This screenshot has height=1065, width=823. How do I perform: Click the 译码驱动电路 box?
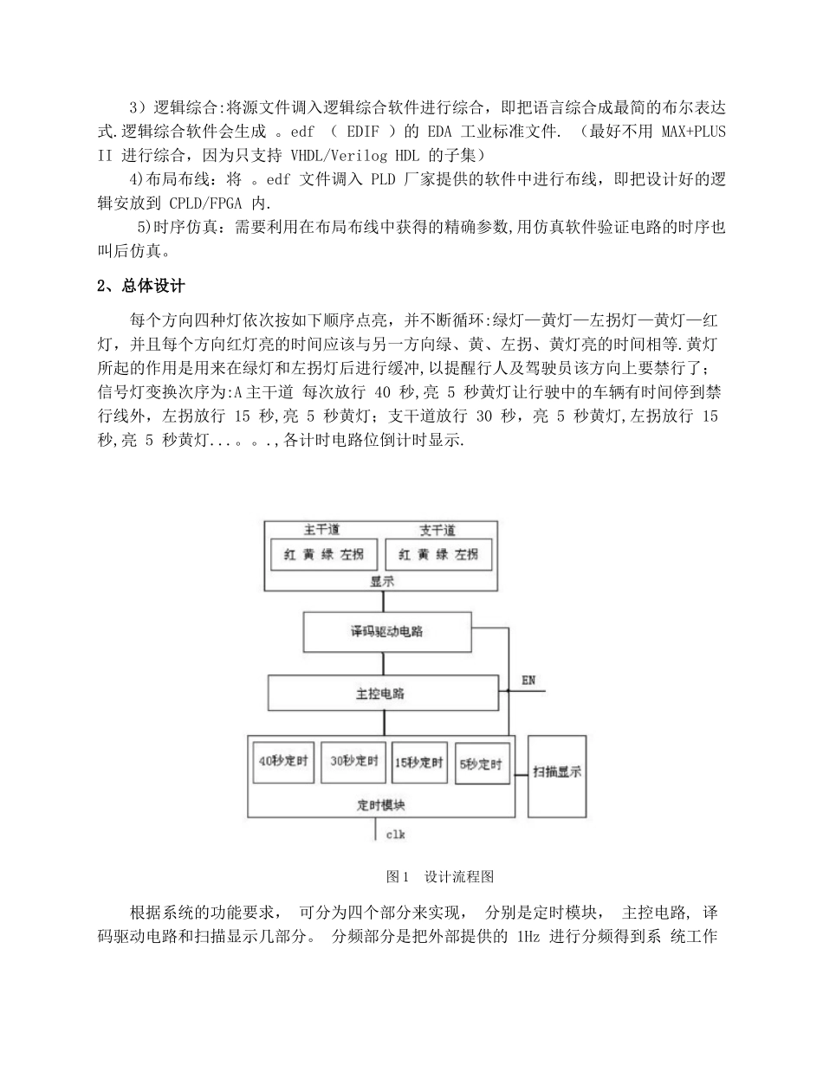click(x=387, y=632)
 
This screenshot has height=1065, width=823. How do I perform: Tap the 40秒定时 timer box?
click(x=282, y=763)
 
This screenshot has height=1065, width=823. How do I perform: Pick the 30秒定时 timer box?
click(x=353, y=762)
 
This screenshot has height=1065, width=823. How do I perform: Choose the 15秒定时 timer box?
click(x=419, y=763)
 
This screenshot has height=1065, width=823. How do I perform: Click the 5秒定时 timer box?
click(x=482, y=764)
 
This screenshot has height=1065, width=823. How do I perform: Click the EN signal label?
click(x=528, y=681)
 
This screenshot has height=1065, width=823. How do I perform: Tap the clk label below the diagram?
click(x=395, y=835)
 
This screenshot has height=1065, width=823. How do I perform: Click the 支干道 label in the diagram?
click(x=437, y=531)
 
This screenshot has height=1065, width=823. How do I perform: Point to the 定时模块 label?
click(x=381, y=804)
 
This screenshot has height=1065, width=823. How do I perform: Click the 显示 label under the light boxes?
click(x=382, y=581)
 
